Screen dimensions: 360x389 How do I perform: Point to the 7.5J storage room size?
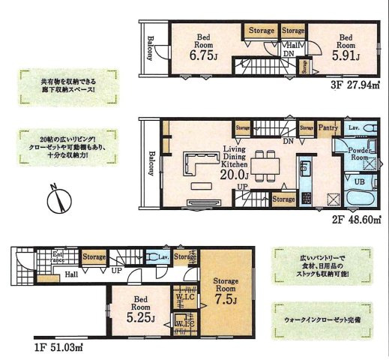224,301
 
